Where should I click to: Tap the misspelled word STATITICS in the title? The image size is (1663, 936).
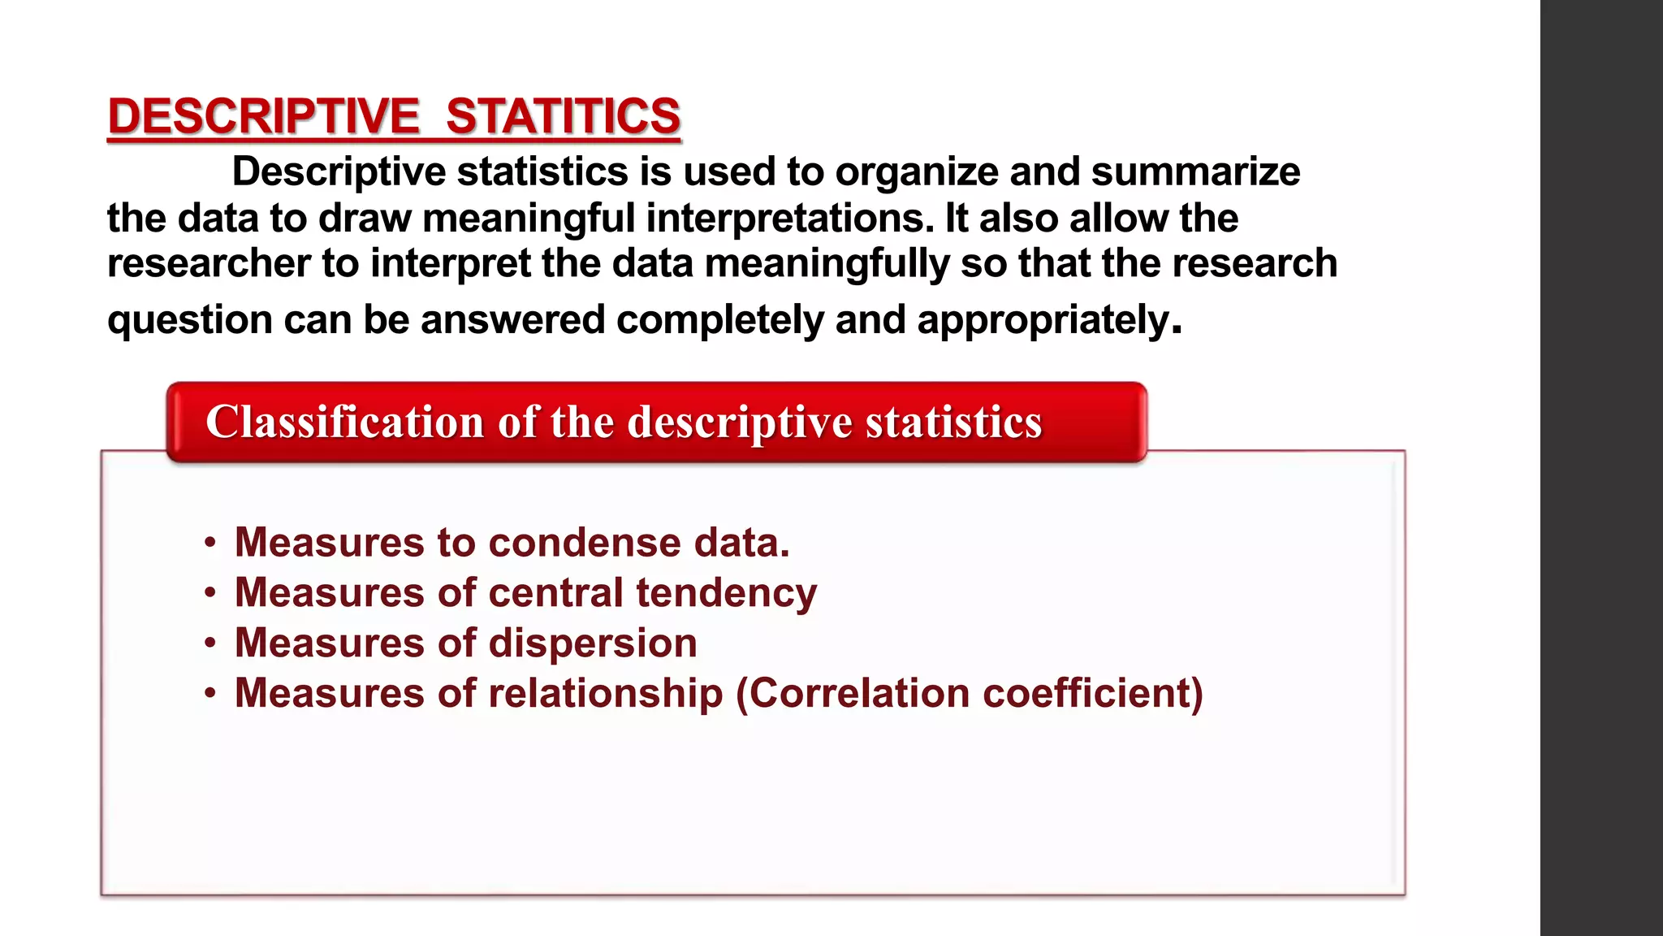point(563,116)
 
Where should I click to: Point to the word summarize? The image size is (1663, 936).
point(1195,172)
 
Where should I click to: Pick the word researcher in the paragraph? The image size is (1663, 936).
point(209,264)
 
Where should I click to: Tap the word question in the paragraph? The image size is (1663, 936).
point(189,320)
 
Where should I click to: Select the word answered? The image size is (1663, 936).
point(512,320)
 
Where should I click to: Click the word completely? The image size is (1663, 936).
point(720,320)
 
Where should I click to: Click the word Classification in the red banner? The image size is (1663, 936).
point(345,422)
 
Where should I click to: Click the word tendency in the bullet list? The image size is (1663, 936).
point(726,593)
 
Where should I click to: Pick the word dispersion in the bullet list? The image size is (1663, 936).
point(593,643)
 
